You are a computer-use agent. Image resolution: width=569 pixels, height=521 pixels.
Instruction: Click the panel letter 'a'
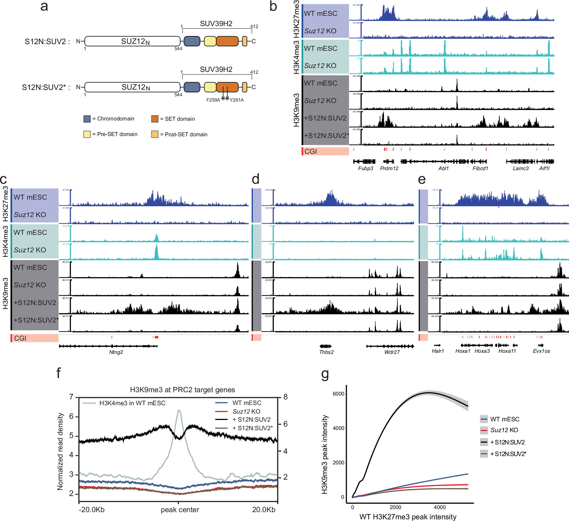click(44, 6)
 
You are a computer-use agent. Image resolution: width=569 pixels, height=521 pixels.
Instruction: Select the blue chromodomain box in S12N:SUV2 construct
click(192, 41)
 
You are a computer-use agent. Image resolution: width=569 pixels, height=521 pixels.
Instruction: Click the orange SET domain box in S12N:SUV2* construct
click(227, 87)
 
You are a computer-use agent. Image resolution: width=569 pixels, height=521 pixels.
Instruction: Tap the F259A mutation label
click(213, 100)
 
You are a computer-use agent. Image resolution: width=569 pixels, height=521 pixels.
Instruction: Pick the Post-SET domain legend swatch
click(154, 134)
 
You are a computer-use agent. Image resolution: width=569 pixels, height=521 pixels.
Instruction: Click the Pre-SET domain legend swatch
click(87, 134)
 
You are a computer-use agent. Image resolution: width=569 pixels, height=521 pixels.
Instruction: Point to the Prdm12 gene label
click(389, 168)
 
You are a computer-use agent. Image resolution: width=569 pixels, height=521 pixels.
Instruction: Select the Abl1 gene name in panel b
click(443, 168)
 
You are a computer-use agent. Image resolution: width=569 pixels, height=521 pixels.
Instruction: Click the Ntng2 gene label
click(116, 352)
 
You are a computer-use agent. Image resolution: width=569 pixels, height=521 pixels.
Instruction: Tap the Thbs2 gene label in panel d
click(326, 352)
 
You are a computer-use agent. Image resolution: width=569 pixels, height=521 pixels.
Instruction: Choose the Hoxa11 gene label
click(507, 351)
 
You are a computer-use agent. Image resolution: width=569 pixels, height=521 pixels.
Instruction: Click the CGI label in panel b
click(310, 151)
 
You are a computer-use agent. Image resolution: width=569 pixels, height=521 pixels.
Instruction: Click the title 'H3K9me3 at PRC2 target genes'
click(182, 390)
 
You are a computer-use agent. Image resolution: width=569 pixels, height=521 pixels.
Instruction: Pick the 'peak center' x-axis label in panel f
click(180, 510)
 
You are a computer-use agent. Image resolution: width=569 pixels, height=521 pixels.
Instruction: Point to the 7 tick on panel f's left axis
click(71, 397)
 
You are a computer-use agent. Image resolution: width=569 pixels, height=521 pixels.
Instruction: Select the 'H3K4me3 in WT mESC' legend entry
click(132, 403)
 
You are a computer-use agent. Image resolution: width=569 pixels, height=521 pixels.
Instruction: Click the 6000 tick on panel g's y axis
click(338, 394)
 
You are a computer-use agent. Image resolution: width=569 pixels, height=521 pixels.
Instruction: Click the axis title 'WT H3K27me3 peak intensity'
click(408, 517)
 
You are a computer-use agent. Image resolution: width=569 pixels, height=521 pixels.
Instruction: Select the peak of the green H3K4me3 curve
click(179, 411)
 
